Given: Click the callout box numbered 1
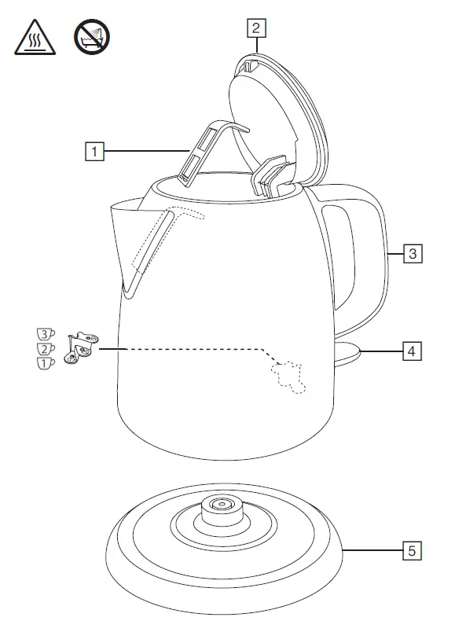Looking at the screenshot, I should (x=94, y=150).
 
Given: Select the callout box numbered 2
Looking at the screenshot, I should (x=255, y=28).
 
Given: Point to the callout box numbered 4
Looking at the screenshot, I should (x=412, y=351).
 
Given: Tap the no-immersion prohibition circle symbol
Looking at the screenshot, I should (x=91, y=38).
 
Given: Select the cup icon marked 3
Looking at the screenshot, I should (x=47, y=334).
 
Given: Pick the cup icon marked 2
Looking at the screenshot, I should (x=47, y=348).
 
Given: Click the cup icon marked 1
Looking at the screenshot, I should (x=47, y=362).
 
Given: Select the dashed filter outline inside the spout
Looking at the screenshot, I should (x=161, y=244).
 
